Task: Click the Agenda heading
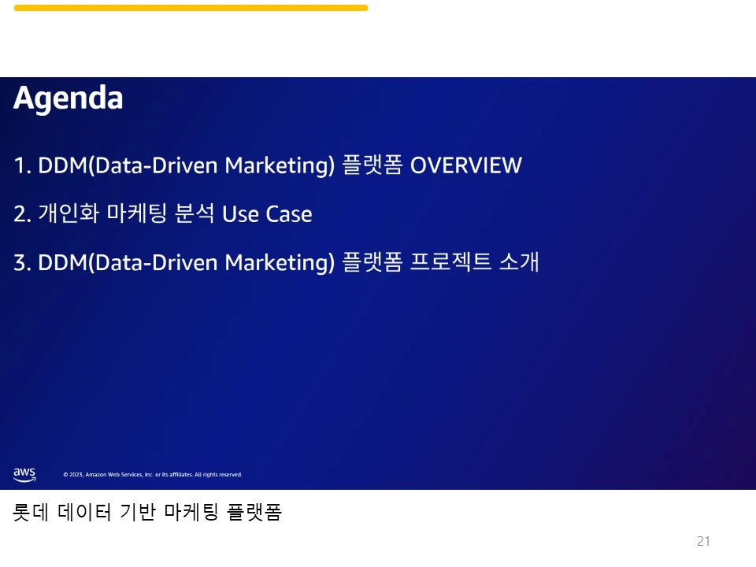tap(68, 99)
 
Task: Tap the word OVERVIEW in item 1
tap(465, 165)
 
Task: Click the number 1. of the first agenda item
tap(23, 165)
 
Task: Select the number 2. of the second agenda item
tap(23, 214)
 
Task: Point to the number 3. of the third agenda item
tap(23, 263)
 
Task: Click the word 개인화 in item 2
tap(69, 213)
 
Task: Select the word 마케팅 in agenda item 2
tap(137, 213)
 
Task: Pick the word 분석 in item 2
tap(195, 213)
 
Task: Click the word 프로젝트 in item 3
tap(450, 261)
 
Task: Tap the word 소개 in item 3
tap(519, 261)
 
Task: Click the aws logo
tap(24, 474)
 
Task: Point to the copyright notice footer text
tap(153, 474)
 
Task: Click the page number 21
tap(703, 541)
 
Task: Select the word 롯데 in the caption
tap(31, 512)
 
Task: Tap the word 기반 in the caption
tap(138, 512)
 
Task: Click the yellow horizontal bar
tap(191, 8)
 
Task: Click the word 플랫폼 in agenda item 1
tap(372, 165)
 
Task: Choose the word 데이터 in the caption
tap(84, 512)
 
